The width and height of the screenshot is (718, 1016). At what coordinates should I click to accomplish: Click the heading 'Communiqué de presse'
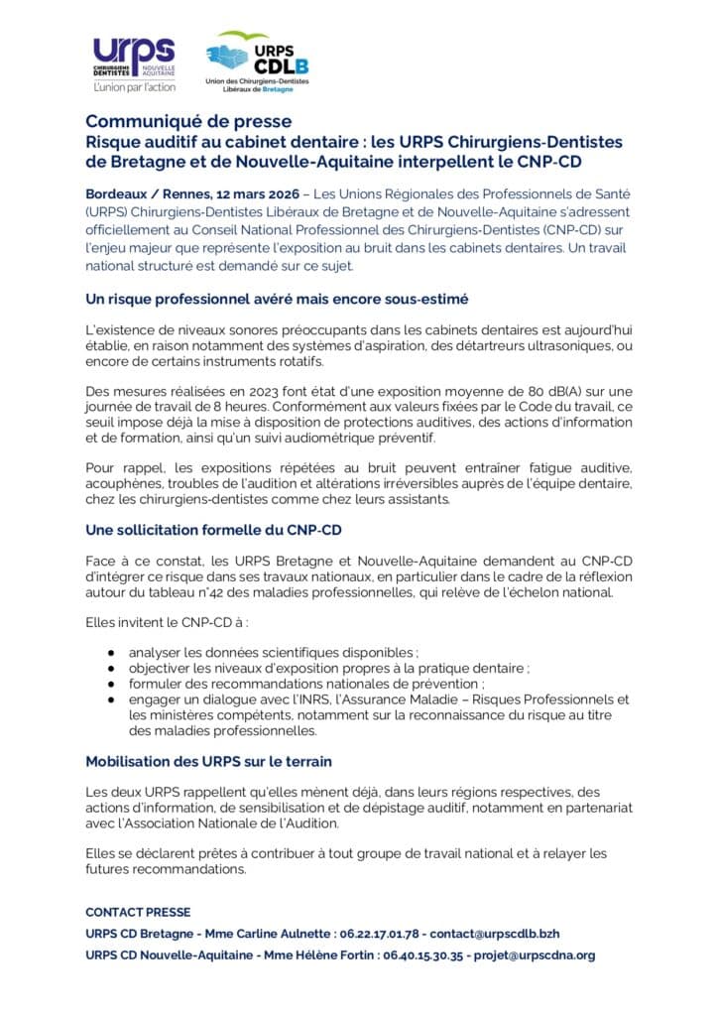188,122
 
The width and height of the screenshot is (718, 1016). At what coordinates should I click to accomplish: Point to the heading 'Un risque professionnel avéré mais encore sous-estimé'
277,299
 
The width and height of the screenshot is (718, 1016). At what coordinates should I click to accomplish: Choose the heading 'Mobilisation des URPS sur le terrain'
208,761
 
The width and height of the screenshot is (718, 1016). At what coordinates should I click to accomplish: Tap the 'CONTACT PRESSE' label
138,912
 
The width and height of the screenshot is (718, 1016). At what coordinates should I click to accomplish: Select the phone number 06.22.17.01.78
381,934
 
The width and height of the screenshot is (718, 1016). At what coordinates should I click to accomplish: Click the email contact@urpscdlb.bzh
502,934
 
